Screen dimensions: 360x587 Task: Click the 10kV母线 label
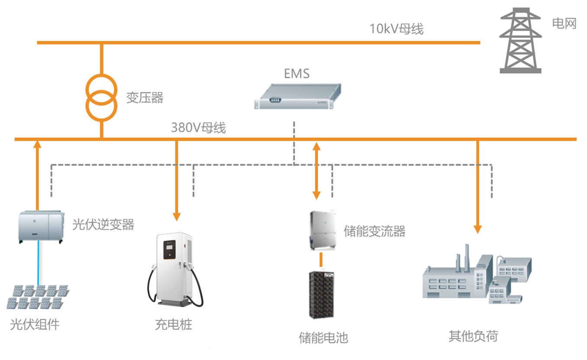pyautogui.click(x=396, y=29)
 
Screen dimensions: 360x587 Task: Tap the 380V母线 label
pyautogui.click(x=198, y=128)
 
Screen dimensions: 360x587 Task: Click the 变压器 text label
pyautogui.click(x=145, y=97)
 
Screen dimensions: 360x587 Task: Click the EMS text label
pyautogui.click(x=297, y=74)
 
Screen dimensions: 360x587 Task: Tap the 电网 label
pyautogui.click(x=564, y=23)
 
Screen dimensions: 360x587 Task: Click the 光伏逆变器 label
pyautogui.click(x=103, y=224)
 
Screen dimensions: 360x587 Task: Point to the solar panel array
pyautogui.click(x=37, y=297)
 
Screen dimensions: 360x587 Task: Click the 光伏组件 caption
pyautogui.click(x=35, y=324)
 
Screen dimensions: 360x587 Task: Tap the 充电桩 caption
pyautogui.click(x=173, y=324)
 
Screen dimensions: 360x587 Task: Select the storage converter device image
pyautogui.click(x=322, y=230)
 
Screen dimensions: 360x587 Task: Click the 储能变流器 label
pyautogui.click(x=374, y=231)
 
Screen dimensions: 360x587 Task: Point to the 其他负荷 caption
pyautogui.click(x=473, y=336)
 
